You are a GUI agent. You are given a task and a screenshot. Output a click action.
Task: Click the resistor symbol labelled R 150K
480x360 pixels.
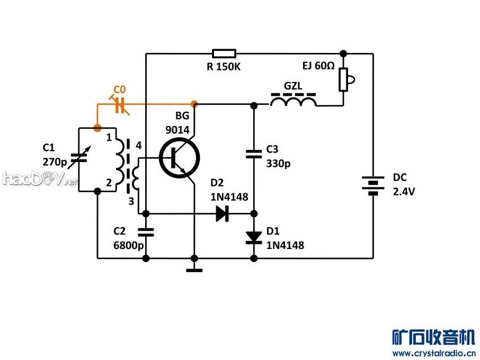tap(224, 53)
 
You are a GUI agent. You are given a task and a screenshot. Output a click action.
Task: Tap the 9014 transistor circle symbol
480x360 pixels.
tap(179, 157)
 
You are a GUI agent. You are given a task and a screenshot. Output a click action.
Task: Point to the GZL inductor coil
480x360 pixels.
tap(294, 101)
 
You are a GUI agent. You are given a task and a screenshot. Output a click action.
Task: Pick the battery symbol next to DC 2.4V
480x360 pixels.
tap(373, 185)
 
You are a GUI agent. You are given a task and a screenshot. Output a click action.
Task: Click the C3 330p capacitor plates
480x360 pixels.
tap(253, 154)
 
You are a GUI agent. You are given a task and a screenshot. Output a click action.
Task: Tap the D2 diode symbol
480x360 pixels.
tap(222, 214)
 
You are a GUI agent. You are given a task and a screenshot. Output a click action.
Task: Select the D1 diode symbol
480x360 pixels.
tap(253, 237)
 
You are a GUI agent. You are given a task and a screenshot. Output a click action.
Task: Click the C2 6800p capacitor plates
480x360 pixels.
tap(146, 231)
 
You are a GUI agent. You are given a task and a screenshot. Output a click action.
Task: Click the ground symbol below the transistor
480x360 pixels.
tap(194, 270)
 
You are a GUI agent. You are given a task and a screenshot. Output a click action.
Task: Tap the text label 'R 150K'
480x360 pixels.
tap(224, 67)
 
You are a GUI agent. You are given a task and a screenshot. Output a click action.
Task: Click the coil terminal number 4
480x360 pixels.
tap(138, 145)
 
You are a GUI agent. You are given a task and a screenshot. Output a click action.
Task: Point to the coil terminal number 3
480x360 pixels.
tap(131, 201)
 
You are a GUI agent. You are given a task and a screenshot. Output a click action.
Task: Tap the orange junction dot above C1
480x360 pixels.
tap(97, 128)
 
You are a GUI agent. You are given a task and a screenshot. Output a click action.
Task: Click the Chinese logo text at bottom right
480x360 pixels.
tap(433, 337)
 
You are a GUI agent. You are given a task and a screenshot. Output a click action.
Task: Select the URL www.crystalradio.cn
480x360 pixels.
tap(433, 353)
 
